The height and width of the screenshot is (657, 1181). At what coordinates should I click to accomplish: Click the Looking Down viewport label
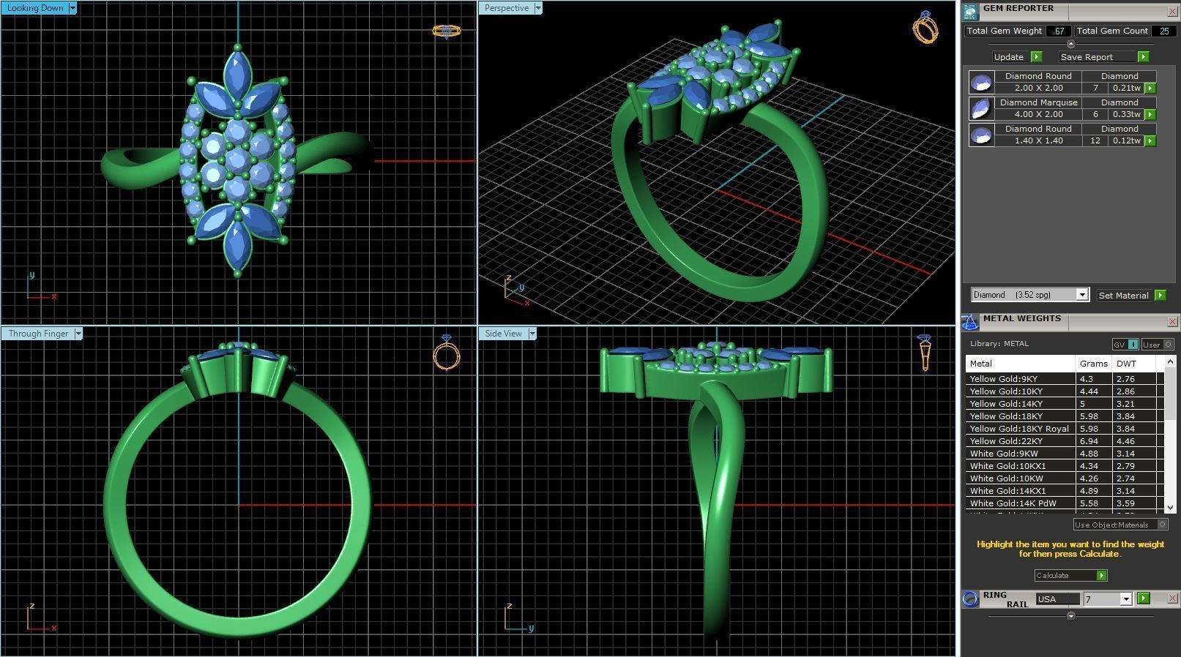click(34, 8)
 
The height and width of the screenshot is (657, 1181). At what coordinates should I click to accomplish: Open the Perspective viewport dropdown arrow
click(538, 8)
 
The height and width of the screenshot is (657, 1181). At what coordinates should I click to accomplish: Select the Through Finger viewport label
click(38, 334)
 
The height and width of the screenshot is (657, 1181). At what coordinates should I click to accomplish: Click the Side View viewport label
click(503, 334)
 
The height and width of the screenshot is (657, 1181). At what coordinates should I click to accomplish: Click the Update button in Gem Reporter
click(1009, 57)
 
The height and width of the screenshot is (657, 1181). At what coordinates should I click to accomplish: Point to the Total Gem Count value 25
click(1163, 31)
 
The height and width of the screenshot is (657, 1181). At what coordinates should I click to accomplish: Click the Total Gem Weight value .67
click(1058, 31)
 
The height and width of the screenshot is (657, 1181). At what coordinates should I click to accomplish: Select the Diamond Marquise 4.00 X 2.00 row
click(1038, 108)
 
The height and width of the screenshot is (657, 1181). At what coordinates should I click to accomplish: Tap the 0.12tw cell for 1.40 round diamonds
click(1126, 140)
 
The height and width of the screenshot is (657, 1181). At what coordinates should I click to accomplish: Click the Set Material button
click(1123, 296)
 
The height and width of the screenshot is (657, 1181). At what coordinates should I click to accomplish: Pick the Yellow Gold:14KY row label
click(1006, 404)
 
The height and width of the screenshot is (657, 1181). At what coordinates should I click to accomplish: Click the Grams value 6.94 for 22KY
click(1089, 441)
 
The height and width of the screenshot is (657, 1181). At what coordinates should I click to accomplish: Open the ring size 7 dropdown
click(1126, 599)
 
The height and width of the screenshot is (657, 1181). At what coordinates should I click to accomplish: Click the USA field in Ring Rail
click(1057, 599)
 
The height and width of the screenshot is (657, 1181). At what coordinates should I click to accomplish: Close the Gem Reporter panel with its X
click(1171, 12)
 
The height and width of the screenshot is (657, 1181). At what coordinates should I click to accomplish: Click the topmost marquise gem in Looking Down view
click(236, 75)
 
